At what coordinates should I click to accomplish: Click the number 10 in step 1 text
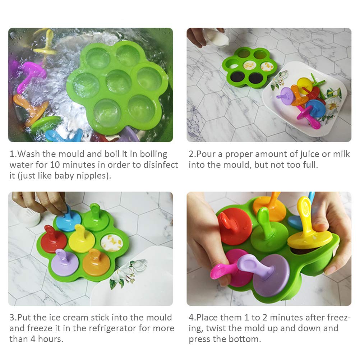[55, 165]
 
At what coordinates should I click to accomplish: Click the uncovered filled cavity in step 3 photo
[112, 243]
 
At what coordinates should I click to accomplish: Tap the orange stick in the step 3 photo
[96, 262]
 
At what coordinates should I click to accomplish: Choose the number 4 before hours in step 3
[33, 339]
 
